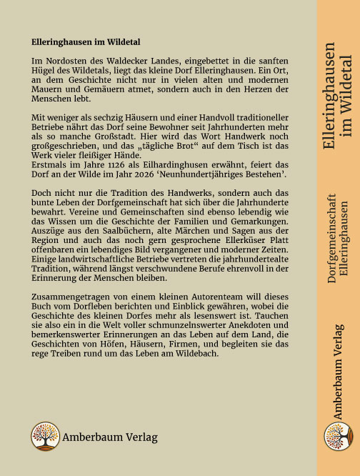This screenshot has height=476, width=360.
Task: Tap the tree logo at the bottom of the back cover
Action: coord(45,436)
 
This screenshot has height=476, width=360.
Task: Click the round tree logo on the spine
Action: coord(338,437)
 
